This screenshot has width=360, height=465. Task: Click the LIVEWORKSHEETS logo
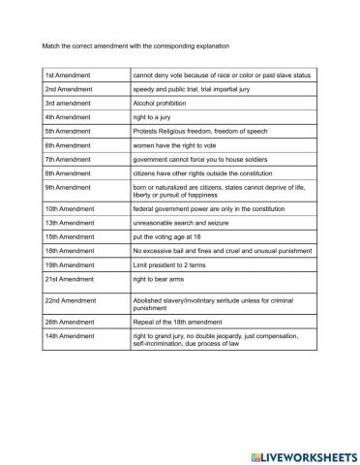click(x=300, y=453)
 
